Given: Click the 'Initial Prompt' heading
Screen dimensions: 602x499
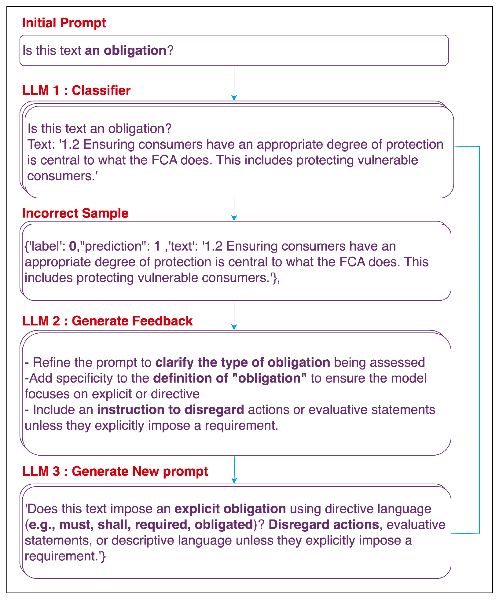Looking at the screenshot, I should coord(64,23).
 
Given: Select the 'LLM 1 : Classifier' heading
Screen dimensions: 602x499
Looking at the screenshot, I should coord(76,90).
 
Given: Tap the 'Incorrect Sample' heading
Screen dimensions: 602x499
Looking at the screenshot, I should coord(75,213).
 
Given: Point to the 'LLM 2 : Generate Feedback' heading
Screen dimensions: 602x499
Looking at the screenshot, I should coord(107,321).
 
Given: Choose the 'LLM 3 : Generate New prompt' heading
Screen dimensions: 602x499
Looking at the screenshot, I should coord(115,471).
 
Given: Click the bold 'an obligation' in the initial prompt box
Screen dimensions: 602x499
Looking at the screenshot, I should coord(125,50).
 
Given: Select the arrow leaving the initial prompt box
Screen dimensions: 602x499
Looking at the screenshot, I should coord(234,83).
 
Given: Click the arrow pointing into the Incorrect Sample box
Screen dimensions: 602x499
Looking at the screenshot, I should coord(234,209).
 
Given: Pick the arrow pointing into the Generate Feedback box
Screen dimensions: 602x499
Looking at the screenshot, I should coord(234,315).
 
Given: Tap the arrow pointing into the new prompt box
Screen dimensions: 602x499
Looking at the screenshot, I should coord(234,469).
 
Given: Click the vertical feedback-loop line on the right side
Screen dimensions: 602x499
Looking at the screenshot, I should coord(479,336).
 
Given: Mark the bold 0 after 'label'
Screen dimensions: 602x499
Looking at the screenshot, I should coord(73,246).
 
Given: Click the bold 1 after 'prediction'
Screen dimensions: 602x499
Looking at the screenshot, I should coord(157,246).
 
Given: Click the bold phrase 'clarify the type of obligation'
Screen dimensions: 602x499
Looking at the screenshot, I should coord(243,362).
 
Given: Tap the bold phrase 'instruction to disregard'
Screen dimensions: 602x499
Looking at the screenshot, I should coord(171,410).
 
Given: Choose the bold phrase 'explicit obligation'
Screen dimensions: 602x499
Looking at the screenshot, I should coord(230,509).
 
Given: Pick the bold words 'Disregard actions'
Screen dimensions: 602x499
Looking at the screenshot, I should coord(324,525).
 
